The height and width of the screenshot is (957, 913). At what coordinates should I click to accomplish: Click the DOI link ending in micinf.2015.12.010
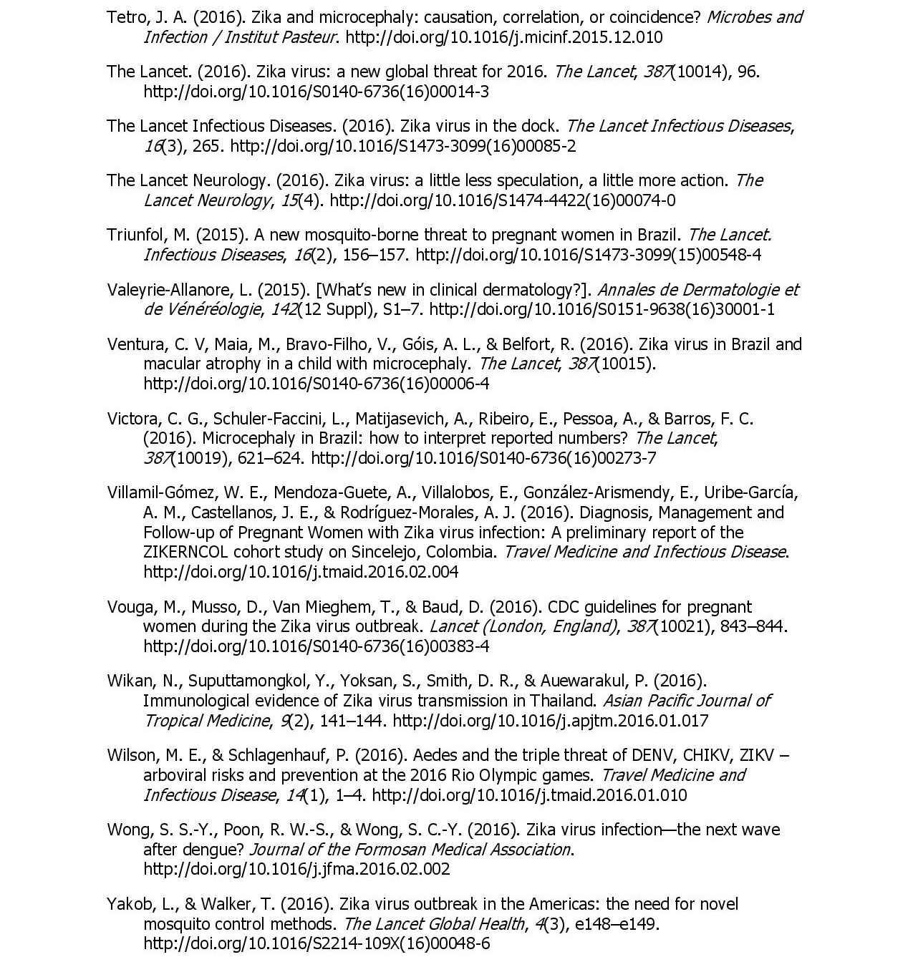coord(504,37)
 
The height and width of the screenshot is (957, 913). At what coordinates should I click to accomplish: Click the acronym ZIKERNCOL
coord(185,552)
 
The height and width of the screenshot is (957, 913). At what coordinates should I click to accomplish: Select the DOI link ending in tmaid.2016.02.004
coord(301,572)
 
